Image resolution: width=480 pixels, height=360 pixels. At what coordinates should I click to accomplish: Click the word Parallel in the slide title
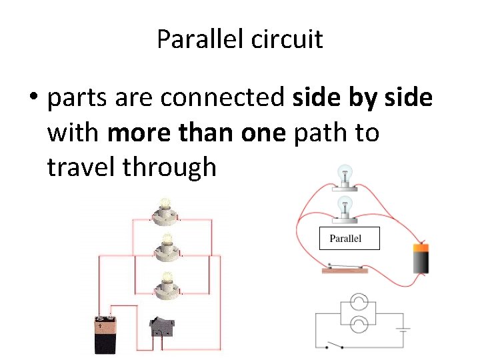(201, 39)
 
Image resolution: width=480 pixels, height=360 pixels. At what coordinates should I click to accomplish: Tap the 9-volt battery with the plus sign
(107, 335)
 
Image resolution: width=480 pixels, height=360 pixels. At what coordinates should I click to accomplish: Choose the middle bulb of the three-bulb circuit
(164, 248)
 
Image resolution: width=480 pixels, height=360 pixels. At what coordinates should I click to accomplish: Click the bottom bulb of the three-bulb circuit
(164, 287)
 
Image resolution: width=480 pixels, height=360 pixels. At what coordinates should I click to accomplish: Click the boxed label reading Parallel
(349, 239)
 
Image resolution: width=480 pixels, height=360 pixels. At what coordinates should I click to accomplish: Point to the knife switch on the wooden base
(345, 269)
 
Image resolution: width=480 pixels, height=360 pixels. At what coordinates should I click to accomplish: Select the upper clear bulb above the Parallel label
(345, 177)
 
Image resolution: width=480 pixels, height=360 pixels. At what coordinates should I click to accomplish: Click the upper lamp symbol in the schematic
(359, 303)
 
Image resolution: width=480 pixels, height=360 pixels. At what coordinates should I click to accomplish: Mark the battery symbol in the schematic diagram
(402, 328)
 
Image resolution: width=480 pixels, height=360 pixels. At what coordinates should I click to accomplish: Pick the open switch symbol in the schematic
(335, 345)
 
